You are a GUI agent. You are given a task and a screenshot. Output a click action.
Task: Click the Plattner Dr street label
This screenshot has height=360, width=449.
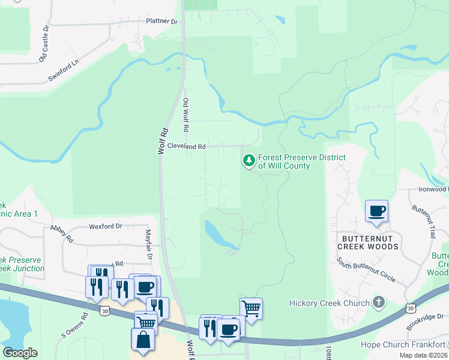coord(162,21)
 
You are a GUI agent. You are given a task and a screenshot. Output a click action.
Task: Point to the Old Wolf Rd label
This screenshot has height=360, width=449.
coord(186,115)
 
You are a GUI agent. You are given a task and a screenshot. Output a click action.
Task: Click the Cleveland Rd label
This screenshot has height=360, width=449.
coord(187,146)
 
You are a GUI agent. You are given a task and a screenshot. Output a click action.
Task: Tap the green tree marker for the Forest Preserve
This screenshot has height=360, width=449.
coord(249,160)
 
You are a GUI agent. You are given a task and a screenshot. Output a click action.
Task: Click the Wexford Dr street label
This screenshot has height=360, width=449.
coord(105,227)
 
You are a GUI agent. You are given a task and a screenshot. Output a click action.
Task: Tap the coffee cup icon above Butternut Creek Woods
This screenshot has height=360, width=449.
coord(376,211)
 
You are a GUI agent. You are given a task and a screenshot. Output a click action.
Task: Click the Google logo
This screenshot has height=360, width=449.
coord(20,353)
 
